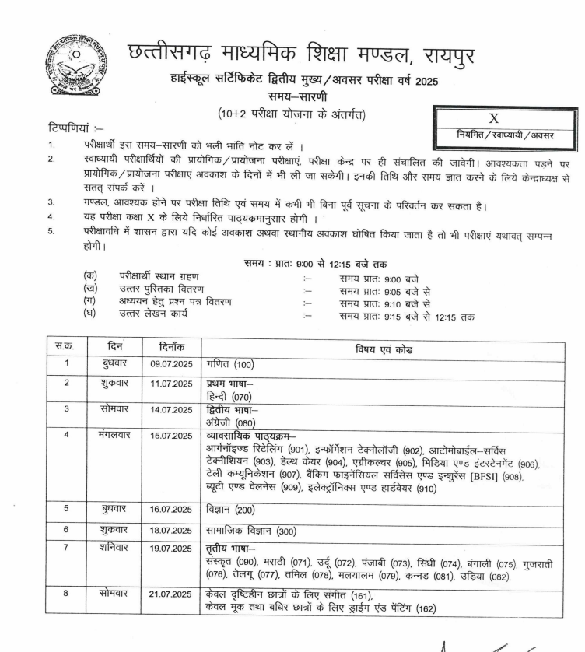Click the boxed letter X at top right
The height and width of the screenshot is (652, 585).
coord(492,118)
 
